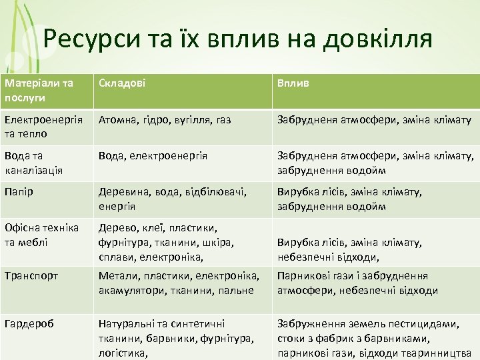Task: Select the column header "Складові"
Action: [123, 83]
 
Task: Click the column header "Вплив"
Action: [293, 83]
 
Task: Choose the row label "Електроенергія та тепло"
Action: [43, 127]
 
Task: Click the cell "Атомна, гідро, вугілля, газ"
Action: [165, 120]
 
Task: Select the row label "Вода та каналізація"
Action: [33, 163]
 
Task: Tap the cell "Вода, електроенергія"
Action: [153, 156]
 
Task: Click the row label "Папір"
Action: [19, 192]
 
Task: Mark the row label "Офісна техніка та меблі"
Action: [41, 235]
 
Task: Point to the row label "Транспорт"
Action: [31, 275]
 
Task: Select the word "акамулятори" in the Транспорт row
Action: [130, 290]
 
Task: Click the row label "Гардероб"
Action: [29, 323]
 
